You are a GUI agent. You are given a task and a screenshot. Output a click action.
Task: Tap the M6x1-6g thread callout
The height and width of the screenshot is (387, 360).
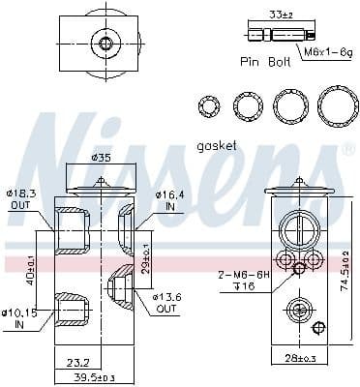click(323, 50)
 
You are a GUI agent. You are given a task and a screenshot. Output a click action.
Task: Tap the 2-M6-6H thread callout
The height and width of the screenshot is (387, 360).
click(235, 277)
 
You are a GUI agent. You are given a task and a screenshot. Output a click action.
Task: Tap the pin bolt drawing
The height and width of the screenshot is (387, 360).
click(267, 35)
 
